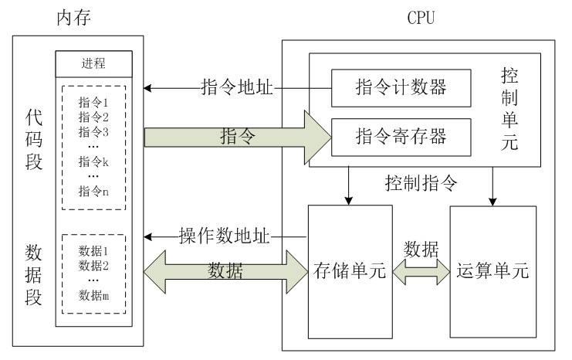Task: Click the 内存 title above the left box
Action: point(73,16)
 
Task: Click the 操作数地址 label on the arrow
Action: point(224,235)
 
